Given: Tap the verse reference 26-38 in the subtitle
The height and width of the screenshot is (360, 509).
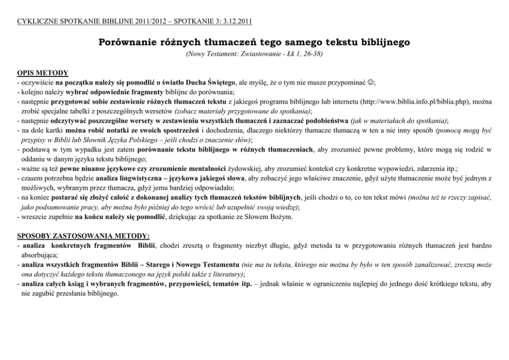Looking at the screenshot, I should click(x=311, y=53).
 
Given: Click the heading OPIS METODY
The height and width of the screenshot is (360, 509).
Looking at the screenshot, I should click(x=43, y=73).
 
